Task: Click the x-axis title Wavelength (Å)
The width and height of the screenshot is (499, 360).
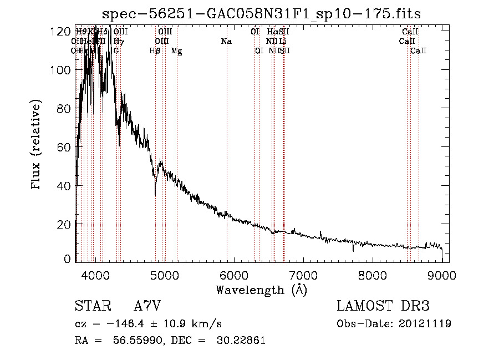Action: coord(261,290)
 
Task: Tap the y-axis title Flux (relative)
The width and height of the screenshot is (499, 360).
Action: coord(37,145)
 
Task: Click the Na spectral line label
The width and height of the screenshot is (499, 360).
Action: coord(226,42)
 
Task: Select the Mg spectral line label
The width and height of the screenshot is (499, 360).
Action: coord(176,51)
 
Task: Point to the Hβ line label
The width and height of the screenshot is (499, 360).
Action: coord(155,51)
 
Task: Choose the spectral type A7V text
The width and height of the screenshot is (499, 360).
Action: coord(147,307)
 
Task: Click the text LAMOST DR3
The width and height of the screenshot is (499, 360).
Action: coord(383,307)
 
